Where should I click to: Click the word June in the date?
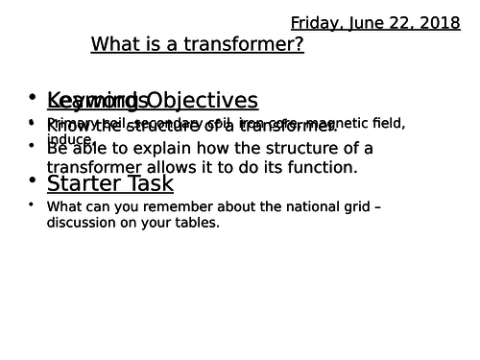(366, 21)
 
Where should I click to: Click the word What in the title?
(112, 45)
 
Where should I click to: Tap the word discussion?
(81, 223)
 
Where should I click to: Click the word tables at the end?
(199, 223)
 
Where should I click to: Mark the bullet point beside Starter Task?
(33, 180)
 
